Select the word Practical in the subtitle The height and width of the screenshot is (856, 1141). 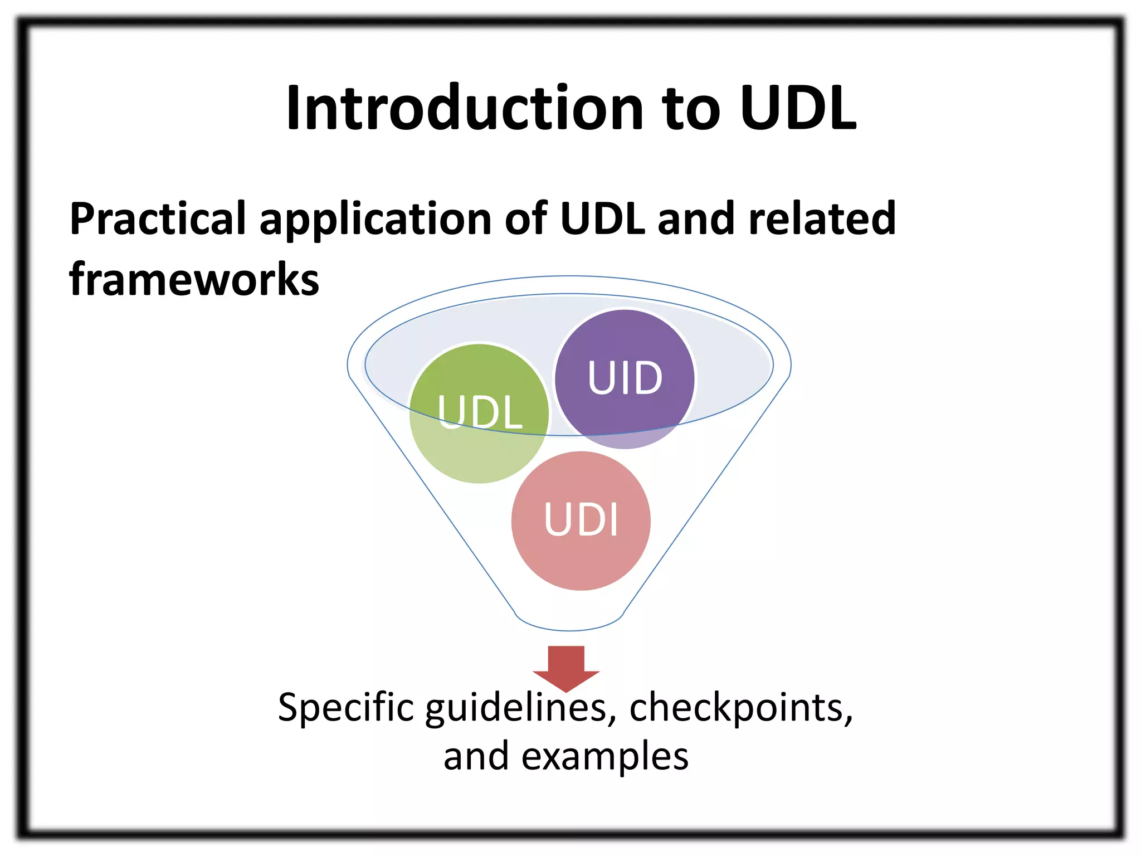click(x=158, y=218)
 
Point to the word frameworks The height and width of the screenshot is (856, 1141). click(x=194, y=279)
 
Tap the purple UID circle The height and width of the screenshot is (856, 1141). click(x=625, y=346)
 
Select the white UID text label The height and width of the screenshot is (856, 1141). click(x=625, y=378)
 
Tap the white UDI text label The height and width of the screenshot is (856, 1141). click(x=581, y=519)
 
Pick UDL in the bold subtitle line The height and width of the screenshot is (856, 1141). click(x=603, y=218)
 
